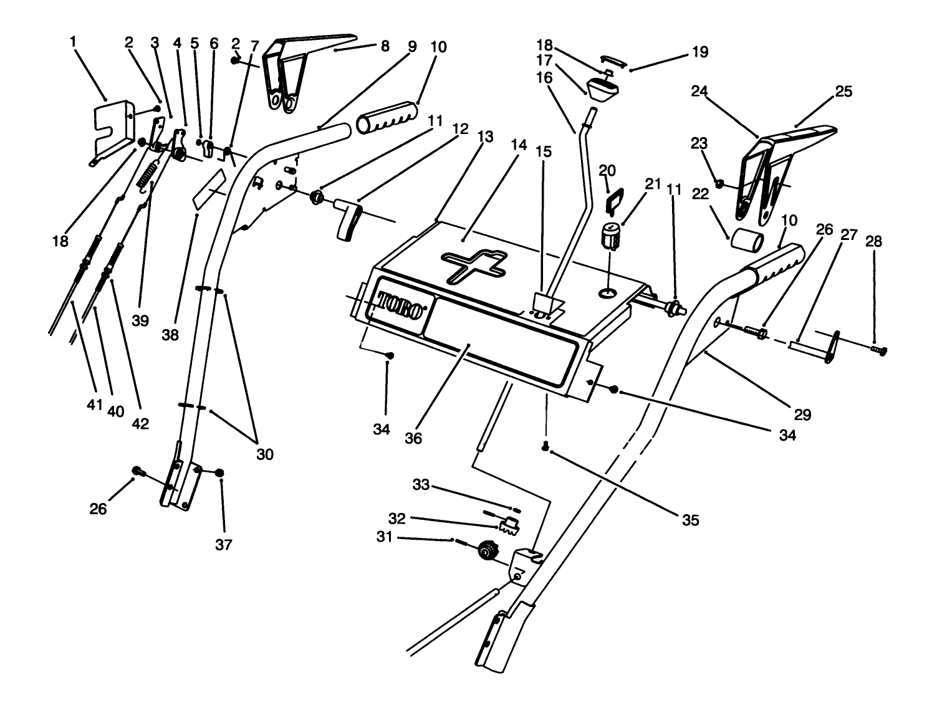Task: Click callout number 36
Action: click(413, 438)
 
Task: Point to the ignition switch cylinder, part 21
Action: click(610, 237)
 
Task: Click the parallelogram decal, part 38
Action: click(209, 188)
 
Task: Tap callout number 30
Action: click(265, 454)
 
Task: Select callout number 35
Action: click(690, 520)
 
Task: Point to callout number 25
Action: click(843, 92)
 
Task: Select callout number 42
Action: click(140, 423)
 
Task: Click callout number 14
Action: click(518, 145)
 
